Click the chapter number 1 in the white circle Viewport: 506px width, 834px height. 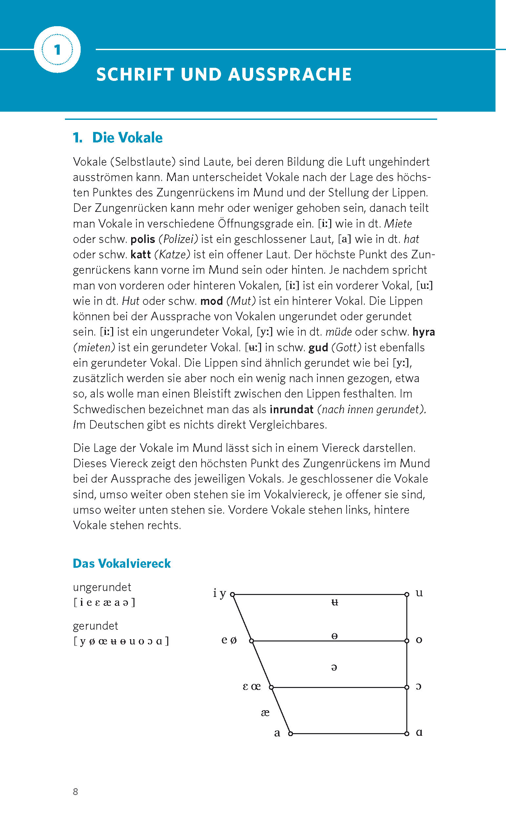point(57,50)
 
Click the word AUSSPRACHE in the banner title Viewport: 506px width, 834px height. point(290,74)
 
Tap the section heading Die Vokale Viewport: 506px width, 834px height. point(127,138)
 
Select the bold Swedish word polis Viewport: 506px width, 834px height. point(143,239)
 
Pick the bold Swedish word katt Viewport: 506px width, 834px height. point(140,254)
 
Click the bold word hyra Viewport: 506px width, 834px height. point(423,332)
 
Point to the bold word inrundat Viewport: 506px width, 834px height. point(292,410)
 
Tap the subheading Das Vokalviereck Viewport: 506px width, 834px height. point(122,564)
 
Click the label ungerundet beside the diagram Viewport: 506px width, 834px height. point(102,587)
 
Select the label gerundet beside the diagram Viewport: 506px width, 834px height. point(95,626)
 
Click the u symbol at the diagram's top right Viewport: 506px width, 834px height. point(419,593)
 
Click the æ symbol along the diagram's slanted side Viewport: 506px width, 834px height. point(265,713)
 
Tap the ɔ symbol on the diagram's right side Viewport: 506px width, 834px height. point(418,687)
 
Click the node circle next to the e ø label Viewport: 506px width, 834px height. point(252,641)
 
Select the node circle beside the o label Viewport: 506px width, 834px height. point(407,641)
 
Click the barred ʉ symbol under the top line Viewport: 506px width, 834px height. point(334,602)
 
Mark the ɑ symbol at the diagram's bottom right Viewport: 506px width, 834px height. point(419,733)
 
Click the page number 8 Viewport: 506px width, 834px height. point(75,792)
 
